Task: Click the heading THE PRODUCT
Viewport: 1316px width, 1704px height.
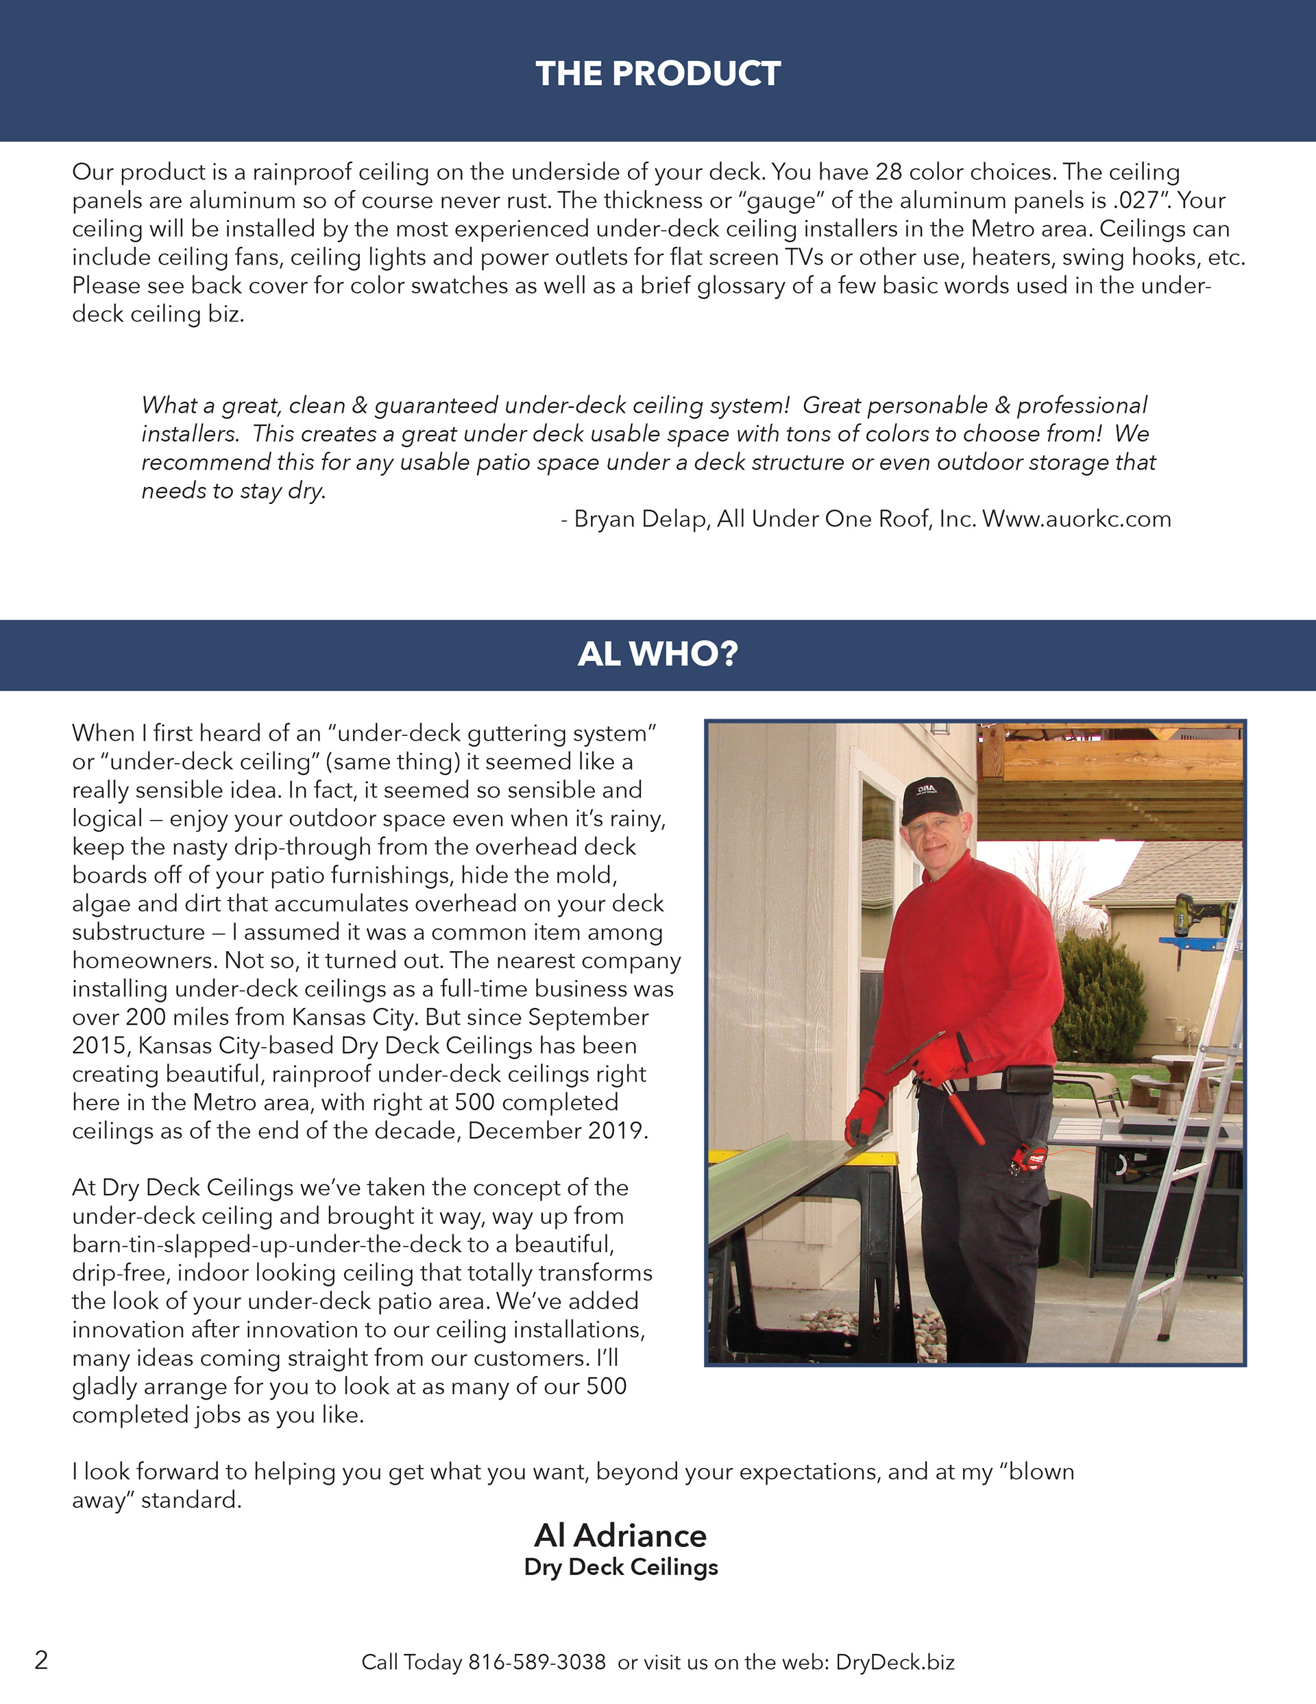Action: (657, 73)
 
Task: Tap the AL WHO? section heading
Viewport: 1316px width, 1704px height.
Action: (657, 653)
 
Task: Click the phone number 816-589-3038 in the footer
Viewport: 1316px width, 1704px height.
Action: (537, 1662)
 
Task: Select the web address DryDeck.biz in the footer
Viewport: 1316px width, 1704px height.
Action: (894, 1662)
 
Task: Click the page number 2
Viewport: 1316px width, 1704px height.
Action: (41, 1659)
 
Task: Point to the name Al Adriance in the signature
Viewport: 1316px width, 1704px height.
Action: (620, 1535)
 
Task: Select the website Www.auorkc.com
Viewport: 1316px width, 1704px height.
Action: (1077, 519)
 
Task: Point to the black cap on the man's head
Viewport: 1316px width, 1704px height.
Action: (931, 800)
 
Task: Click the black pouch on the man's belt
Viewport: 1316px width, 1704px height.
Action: (1027, 1080)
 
